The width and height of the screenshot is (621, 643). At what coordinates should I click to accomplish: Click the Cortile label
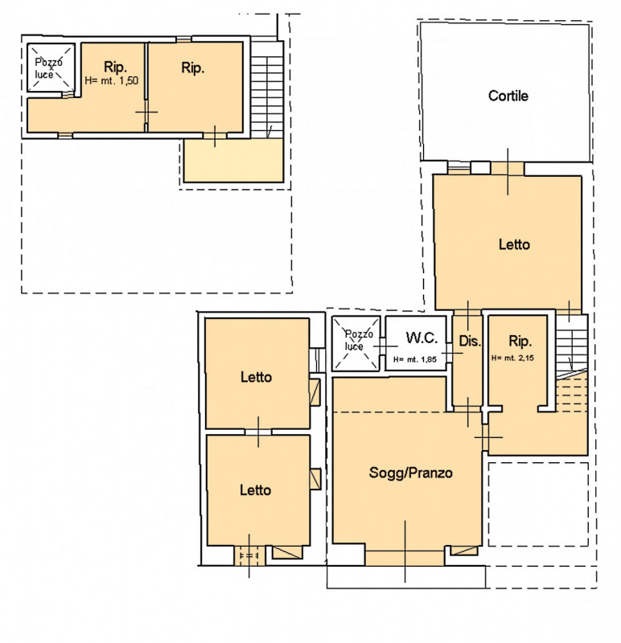click(508, 96)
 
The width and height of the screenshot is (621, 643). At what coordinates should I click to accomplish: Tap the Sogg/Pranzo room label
click(410, 473)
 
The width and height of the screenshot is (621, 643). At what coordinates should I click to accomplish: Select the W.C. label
click(422, 338)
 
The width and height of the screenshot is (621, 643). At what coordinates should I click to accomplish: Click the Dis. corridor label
click(470, 341)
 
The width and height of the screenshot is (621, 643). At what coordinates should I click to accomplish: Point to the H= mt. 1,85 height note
click(414, 359)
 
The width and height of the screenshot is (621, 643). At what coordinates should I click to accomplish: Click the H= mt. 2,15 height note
click(512, 358)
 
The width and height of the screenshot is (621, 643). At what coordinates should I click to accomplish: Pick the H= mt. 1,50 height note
click(111, 81)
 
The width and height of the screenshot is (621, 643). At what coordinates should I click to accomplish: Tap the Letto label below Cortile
click(514, 245)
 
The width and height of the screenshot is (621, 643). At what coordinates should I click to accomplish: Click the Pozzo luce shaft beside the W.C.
click(356, 343)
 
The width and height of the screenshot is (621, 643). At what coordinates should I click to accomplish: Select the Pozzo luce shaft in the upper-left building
click(51, 68)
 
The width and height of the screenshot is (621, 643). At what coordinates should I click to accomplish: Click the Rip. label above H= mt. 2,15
click(520, 341)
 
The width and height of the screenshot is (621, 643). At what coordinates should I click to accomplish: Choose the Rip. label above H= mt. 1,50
click(115, 67)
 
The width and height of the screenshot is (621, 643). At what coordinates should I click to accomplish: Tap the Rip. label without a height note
click(193, 68)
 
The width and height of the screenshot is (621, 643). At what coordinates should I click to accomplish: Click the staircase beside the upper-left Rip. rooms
click(267, 89)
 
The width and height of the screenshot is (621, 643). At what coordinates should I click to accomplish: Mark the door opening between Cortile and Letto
click(508, 168)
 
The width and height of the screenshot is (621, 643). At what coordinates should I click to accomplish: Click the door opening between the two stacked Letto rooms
click(258, 432)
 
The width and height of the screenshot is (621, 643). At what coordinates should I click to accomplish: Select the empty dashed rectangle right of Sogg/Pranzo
click(538, 505)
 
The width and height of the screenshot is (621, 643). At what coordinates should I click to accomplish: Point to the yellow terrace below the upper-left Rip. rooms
click(233, 160)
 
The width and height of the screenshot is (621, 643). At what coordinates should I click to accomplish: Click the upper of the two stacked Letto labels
click(256, 377)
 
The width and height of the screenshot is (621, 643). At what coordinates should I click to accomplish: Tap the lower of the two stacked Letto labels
click(255, 490)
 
